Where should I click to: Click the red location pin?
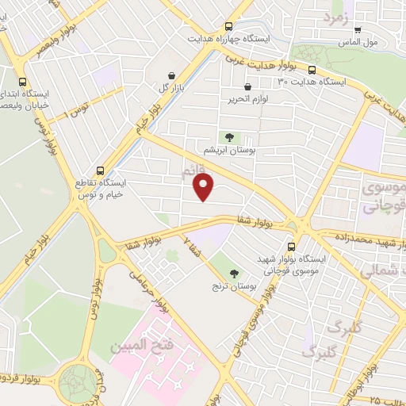pos(204,187)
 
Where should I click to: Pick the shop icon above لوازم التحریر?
pos(248,86)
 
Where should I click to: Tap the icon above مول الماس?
pos(358,29)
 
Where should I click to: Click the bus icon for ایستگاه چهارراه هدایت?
pos(229,26)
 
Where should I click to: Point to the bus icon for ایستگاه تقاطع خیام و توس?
pos(100,170)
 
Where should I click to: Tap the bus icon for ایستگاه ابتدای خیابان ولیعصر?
pos(21,82)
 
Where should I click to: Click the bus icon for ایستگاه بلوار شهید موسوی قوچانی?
pos(292,247)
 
